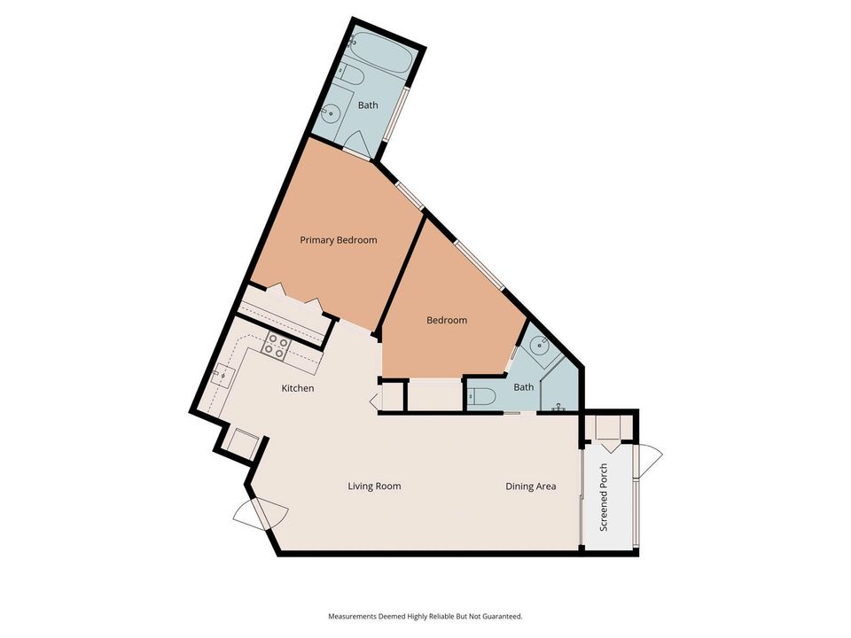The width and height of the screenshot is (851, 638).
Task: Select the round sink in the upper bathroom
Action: click(x=332, y=113)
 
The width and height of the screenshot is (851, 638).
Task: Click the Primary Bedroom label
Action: click(x=338, y=240)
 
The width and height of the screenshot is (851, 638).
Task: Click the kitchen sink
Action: click(x=223, y=375)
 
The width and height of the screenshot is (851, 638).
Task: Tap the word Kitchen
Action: click(x=298, y=388)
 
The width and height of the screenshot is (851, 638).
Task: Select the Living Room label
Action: click(x=374, y=486)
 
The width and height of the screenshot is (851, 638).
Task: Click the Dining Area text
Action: click(x=531, y=486)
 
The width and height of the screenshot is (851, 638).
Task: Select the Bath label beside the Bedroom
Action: click(x=524, y=386)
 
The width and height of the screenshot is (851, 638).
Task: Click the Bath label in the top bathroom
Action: click(x=368, y=105)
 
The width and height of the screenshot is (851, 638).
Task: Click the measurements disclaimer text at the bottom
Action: click(x=425, y=616)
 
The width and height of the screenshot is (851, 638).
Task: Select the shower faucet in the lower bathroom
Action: click(x=558, y=408)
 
